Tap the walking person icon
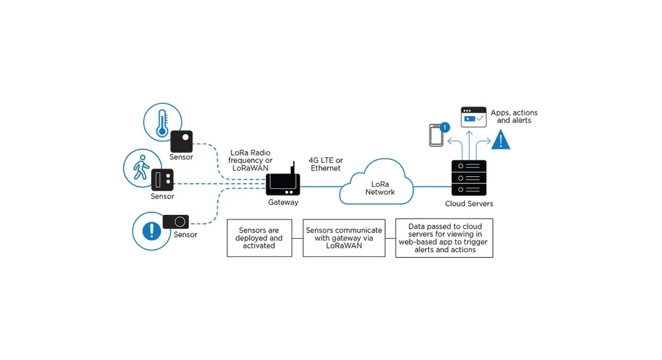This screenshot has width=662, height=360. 141,167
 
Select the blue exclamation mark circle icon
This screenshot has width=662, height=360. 151,231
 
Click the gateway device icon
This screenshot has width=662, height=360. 283,184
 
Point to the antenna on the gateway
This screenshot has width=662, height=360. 292,169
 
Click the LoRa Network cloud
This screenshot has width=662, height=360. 378,184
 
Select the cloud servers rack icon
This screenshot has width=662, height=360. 469,178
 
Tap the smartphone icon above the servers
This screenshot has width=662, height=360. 436,136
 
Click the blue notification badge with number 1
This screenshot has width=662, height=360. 445,127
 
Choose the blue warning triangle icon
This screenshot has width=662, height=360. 500,140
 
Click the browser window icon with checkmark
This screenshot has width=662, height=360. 473,117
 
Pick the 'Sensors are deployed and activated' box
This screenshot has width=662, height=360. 259,238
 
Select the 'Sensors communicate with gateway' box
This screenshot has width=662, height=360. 343,238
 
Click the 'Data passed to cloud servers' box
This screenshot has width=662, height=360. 444,238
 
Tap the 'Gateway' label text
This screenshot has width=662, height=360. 283,203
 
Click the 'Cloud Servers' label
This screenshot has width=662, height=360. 469,203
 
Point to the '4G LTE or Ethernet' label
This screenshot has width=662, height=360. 326,164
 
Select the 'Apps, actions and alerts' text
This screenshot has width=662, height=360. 514,117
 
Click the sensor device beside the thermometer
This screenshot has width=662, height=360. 181,141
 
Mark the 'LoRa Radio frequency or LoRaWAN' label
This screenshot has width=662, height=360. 251,160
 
